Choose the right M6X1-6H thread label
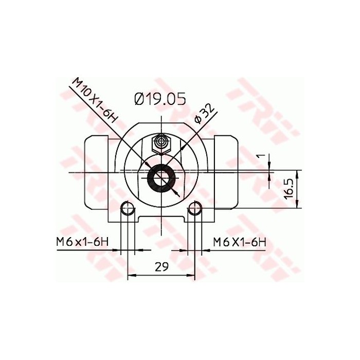(239, 241)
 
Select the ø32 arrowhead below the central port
(176, 193)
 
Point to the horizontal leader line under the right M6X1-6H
(237, 250)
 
